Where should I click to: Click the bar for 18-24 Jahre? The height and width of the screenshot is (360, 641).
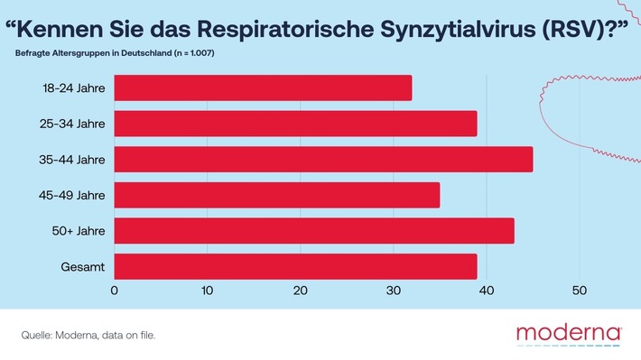(263, 88)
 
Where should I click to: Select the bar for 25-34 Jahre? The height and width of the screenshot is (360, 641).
(295, 124)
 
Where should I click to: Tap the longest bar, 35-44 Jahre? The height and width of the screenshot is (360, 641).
(323, 159)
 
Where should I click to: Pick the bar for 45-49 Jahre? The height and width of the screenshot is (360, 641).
(276, 195)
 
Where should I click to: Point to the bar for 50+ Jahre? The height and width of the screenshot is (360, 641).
(313, 231)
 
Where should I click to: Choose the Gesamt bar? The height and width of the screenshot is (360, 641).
(295, 266)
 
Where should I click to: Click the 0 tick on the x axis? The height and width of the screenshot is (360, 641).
(115, 291)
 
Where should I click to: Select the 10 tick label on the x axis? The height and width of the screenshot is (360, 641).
(207, 291)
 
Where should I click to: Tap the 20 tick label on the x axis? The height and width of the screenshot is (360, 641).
(300, 291)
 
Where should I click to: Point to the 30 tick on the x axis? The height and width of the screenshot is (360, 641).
(394, 291)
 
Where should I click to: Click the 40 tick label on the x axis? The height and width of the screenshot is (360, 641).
(487, 291)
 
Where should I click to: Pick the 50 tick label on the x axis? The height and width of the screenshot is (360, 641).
(580, 291)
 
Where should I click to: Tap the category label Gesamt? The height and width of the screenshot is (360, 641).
(86, 267)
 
